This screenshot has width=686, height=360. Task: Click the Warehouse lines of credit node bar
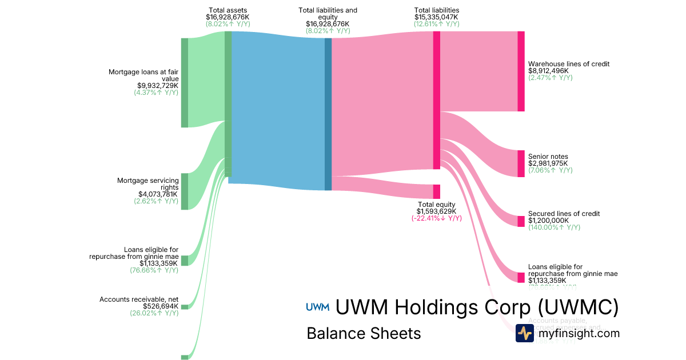[521, 71]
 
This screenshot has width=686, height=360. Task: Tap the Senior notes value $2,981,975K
[548, 163]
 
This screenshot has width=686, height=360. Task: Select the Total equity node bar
[436, 191]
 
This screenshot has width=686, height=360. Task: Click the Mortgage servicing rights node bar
[184, 191]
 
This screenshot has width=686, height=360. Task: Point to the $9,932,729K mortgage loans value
[155, 86]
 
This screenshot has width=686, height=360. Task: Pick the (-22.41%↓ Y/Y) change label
[436, 218]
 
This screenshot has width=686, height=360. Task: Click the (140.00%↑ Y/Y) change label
[554, 227]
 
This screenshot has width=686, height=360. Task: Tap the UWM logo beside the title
[318, 307]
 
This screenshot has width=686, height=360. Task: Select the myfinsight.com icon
[525, 333]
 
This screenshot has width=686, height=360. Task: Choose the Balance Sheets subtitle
[364, 333]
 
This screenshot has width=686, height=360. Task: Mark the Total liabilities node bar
[436, 100]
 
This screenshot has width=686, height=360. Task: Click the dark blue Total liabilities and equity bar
[328, 114]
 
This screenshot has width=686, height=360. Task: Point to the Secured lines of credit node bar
[521, 221]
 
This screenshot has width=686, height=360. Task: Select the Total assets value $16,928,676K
[228, 17]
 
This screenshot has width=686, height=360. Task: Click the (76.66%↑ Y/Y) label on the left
[154, 270]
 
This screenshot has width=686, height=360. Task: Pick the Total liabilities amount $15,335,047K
[436, 17]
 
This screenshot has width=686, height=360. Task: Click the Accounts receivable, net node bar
[184, 306]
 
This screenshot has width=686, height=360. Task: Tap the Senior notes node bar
[521, 163]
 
